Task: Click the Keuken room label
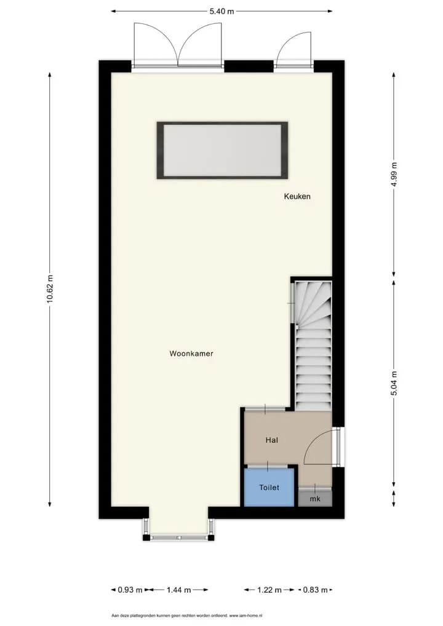coord(297,196)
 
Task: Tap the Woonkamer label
coord(191,354)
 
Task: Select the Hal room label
coord(271,440)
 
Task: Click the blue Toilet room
coord(269,487)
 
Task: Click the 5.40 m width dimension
coord(221,11)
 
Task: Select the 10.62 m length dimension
coord(50,289)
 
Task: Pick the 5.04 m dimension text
coord(394,383)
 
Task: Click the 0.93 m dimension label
coord(130,590)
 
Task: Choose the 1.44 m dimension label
coord(178,590)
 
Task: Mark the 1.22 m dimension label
coord(269,590)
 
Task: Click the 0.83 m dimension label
coord(316,590)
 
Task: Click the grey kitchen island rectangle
coord(222,150)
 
